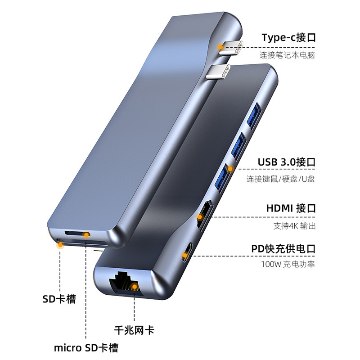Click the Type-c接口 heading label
[x=288, y=37]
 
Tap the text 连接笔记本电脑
[x=287, y=56]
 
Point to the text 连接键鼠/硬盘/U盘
[x=280, y=179]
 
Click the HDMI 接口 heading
[x=291, y=208]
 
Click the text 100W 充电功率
[x=288, y=264]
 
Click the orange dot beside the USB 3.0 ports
[x=230, y=169]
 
